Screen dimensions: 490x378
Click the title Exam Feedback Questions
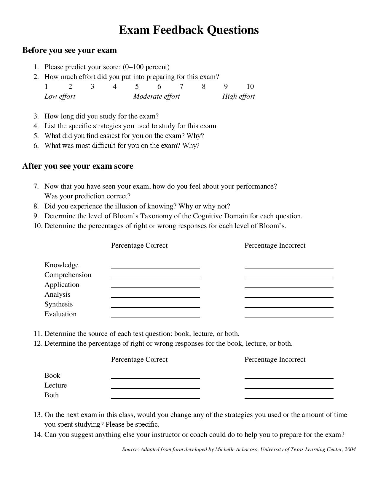(189, 30)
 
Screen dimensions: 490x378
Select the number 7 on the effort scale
(181, 86)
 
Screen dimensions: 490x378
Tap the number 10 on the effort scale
(250, 86)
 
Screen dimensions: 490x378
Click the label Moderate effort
(157, 97)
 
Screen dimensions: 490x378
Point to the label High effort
(238, 97)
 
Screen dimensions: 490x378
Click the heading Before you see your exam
(69, 50)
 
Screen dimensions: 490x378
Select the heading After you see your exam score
(78, 166)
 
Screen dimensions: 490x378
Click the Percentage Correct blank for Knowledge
(155, 265)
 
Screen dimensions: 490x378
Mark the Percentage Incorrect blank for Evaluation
(289, 314)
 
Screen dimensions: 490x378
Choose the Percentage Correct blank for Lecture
(155, 385)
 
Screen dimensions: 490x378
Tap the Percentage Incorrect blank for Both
(289, 395)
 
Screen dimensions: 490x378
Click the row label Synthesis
(58, 304)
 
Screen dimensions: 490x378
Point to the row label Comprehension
(68, 275)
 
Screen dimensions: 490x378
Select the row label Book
(52, 375)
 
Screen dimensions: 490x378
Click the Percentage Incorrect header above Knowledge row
(275, 246)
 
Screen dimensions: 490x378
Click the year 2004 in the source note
(350, 449)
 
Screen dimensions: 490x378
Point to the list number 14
(38, 435)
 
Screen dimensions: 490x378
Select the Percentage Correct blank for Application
(155, 285)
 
